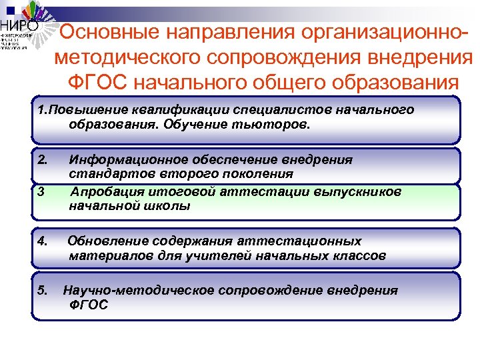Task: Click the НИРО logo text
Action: pos(19,26)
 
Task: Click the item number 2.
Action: pos(43,160)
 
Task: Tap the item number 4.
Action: pos(43,241)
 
